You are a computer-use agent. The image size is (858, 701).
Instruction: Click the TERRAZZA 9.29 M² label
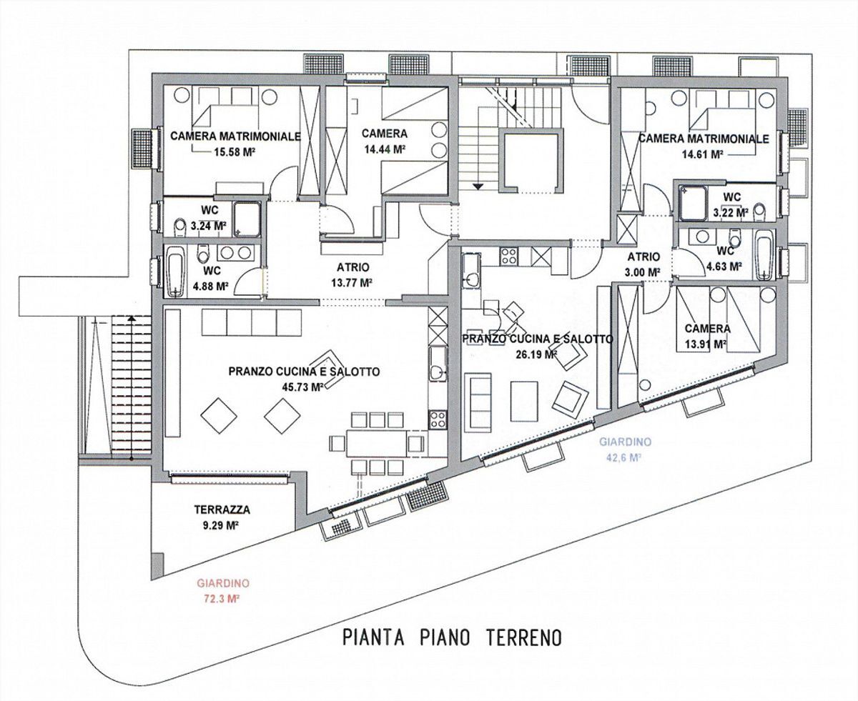click(x=222, y=517)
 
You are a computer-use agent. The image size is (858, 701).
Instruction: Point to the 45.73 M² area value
click(x=304, y=386)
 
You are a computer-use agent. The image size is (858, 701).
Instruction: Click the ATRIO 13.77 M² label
click(x=352, y=274)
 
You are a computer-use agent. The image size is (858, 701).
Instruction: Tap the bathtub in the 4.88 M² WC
click(x=175, y=272)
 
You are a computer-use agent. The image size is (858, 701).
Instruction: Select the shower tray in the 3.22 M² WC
click(x=692, y=202)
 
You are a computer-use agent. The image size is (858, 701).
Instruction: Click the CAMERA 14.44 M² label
click(x=384, y=141)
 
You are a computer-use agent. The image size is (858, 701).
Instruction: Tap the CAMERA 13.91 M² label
click(x=707, y=336)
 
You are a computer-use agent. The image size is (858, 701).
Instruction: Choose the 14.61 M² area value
click(x=702, y=154)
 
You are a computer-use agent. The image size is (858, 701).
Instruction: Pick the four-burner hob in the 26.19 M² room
click(x=511, y=255)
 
